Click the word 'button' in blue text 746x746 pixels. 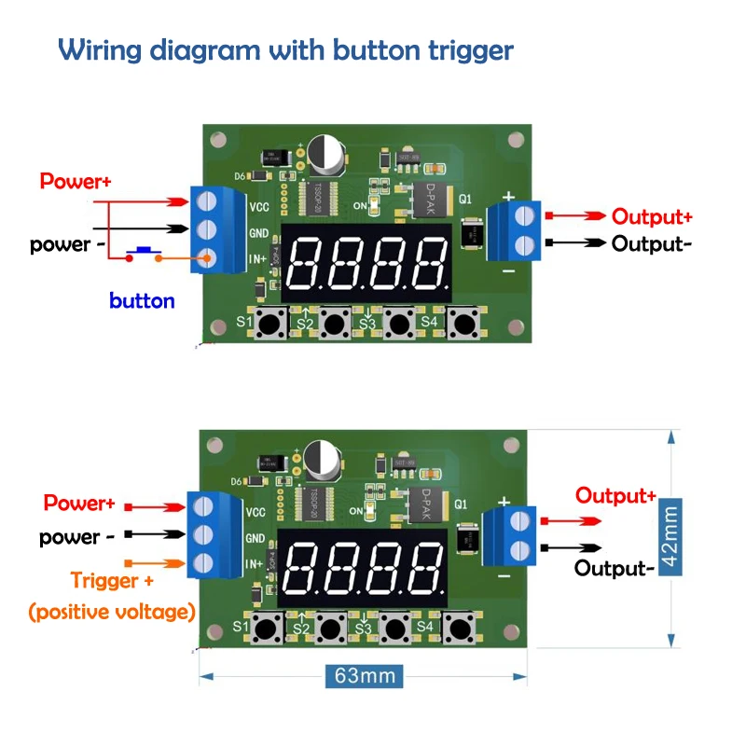click(142, 301)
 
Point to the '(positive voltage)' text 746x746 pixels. click(112, 612)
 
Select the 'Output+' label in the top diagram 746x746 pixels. click(652, 217)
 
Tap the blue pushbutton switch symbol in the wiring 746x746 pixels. click(145, 250)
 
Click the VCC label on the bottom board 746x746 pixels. click(256, 512)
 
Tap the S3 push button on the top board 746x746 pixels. click(400, 325)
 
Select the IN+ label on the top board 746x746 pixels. click(256, 258)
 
